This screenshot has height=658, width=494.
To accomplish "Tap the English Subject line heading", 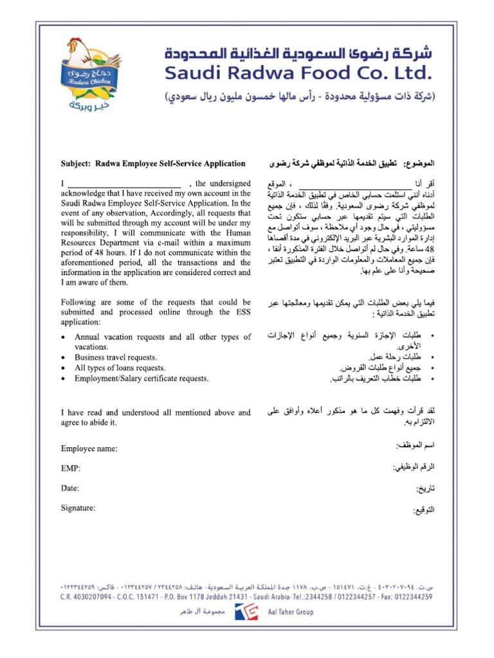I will click(153, 164).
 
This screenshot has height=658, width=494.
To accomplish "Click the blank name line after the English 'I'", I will click(124, 183).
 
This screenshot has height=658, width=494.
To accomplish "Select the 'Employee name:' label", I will click(89, 449).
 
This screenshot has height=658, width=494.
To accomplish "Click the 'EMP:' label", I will click(71, 468).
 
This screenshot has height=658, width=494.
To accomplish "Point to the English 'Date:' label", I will click(70, 488).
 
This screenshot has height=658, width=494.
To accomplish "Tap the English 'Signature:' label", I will click(78, 508).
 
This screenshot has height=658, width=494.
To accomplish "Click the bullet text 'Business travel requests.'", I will click(116, 357).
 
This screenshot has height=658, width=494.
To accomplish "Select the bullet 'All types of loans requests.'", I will click(120, 368).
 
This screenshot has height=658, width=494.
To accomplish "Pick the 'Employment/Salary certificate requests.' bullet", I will click(142, 378).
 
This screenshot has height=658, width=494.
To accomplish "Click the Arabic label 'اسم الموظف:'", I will click(415, 445).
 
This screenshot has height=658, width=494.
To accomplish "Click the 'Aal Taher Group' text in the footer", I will click(291, 612).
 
